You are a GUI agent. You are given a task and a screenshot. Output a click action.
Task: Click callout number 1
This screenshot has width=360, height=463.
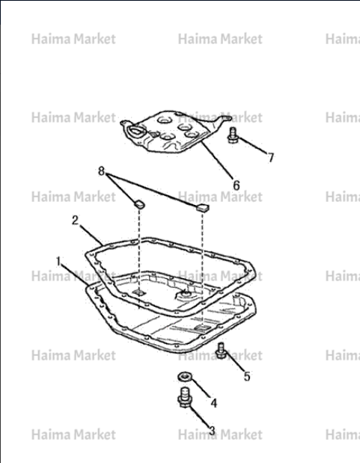(x=58, y=261)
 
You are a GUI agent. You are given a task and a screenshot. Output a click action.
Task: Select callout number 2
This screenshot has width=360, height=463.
(x=76, y=220)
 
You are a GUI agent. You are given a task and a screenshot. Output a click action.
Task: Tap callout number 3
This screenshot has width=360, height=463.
(x=212, y=431)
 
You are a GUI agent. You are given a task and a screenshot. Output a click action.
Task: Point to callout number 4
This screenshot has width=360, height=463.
(x=214, y=403)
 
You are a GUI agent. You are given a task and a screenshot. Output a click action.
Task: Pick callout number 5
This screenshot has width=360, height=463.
(x=247, y=376)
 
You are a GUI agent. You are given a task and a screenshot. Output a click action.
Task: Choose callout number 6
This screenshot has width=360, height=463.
(x=237, y=185)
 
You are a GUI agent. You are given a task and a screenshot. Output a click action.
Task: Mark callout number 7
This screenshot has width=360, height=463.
(x=271, y=157)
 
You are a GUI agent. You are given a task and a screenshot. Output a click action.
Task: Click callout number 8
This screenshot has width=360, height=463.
(x=101, y=171)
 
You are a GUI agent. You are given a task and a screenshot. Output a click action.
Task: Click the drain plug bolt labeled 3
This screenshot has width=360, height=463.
(x=185, y=398)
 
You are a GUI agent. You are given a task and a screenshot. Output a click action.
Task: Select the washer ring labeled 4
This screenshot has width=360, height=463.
(x=185, y=376)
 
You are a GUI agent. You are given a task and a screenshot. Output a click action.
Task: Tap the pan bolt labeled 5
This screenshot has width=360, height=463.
(x=221, y=351)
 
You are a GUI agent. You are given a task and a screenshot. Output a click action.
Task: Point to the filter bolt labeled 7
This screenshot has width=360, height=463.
(x=233, y=136)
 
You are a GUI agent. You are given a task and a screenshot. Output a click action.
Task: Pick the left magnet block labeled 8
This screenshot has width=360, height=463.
(x=139, y=203)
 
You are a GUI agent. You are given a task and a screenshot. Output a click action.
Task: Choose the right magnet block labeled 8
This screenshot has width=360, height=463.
(x=203, y=208)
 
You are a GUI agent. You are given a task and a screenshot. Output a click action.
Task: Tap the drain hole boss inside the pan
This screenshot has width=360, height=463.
(x=186, y=294)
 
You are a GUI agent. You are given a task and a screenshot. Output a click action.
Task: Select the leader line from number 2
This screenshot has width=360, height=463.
(x=91, y=235)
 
